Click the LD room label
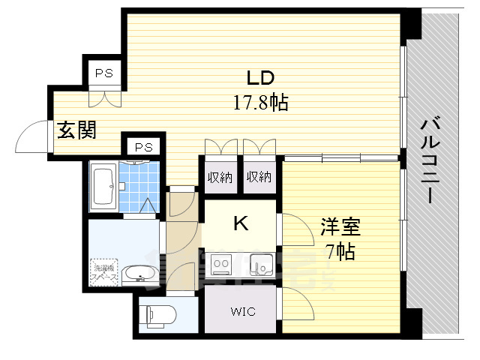point(260,78)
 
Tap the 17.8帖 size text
point(260,102)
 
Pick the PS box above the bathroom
point(142,147)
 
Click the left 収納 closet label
point(219,178)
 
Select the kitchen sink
point(260,264)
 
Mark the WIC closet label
point(241,310)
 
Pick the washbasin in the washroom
point(137,274)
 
